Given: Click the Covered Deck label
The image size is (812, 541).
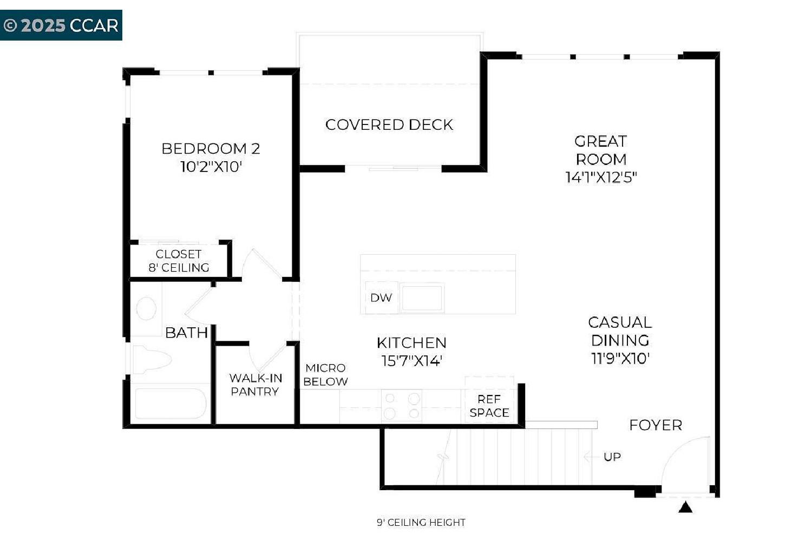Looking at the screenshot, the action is pyautogui.click(x=389, y=124).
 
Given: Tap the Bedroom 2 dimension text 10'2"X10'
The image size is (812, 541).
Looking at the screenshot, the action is pyautogui.click(x=211, y=167).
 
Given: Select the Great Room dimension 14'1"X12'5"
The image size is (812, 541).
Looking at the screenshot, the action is pyautogui.click(x=601, y=177).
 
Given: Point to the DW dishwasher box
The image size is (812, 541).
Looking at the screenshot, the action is pyautogui.click(x=381, y=298).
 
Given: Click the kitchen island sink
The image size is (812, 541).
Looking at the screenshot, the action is pyautogui.click(x=422, y=298).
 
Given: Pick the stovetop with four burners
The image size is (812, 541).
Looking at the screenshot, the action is pyautogui.click(x=402, y=406).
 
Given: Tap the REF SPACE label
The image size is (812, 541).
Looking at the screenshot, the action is pyautogui.click(x=489, y=406).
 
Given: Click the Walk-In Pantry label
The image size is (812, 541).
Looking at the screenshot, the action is pyautogui.click(x=256, y=385).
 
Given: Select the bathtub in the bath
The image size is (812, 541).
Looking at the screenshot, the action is pyautogui.click(x=171, y=403).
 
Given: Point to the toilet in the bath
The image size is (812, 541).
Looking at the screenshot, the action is pyautogui.click(x=152, y=359).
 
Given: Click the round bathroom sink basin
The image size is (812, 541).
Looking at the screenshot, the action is pyautogui.click(x=146, y=308).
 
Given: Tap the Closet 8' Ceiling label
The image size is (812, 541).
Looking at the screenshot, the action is pyautogui.click(x=179, y=261).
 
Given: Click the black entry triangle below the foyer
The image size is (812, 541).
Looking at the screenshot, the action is pyautogui.click(x=685, y=507).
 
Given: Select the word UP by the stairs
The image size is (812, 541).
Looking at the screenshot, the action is pyautogui.click(x=612, y=457).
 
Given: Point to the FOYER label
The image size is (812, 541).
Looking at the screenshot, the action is pyautogui.click(x=656, y=425).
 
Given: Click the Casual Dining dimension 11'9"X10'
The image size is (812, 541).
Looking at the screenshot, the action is pyautogui.click(x=620, y=358).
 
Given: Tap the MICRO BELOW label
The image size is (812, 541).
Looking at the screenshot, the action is pyautogui.click(x=325, y=375).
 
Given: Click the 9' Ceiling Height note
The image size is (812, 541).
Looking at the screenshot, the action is pyautogui.click(x=421, y=523).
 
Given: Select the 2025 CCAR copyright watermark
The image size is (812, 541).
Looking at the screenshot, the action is pyautogui.click(x=61, y=25).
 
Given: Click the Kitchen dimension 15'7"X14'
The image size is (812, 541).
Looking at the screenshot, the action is pyautogui.click(x=411, y=360).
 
